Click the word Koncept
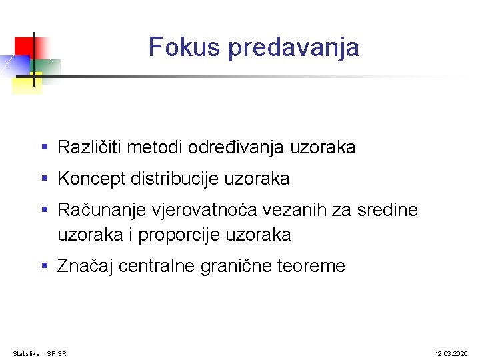(x=91, y=179)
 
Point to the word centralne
(x=155, y=267)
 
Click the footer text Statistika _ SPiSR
(x=39, y=353)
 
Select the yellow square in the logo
(x=27, y=83)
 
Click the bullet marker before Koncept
(x=45, y=179)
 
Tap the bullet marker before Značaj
(x=45, y=266)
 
